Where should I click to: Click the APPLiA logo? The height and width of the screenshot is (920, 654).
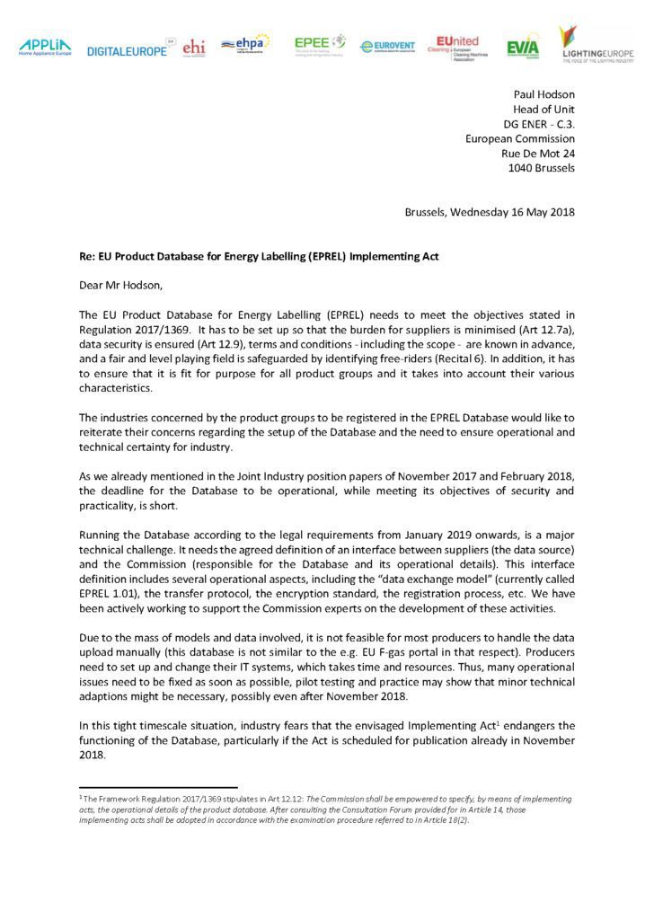click(x=44, y=47)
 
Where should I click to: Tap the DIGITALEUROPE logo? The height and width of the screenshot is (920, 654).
click(x=127, y=51)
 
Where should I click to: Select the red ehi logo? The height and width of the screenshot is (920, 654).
click(x=193, y=48)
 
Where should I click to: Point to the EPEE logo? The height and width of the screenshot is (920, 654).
click(x=320, y=44)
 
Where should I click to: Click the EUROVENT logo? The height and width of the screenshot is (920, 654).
click(x=387, y=47)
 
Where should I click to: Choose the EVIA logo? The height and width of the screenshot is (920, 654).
click(x=522, y=48)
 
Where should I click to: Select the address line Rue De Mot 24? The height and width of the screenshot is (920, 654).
click(x=537, y=153)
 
